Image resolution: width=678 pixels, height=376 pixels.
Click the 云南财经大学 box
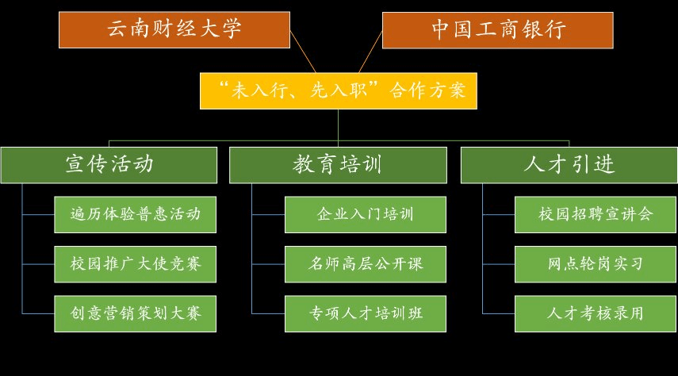click(174, 30)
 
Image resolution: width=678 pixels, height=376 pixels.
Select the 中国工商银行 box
click(498, 30)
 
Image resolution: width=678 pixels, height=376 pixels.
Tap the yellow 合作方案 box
click(339, 91)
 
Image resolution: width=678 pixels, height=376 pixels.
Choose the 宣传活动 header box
click(109, 165)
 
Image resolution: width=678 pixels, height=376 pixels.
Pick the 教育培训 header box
click(338, 165)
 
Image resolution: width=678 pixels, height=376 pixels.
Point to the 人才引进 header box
click(569, 165)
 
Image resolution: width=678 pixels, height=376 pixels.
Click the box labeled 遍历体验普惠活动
click(136, 215)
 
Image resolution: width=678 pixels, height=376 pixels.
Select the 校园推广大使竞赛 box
click(136, 264)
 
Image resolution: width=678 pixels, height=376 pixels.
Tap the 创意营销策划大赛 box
click(136, 313)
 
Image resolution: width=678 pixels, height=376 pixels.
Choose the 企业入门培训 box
click(366, 215)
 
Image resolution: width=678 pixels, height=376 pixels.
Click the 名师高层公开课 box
click(366, 264)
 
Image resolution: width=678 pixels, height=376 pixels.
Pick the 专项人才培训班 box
click(366, 313)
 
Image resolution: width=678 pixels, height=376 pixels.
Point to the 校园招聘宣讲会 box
click(596, 215)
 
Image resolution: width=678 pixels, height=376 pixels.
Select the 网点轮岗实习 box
click(596, 264)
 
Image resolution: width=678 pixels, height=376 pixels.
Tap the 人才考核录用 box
click(596, 313)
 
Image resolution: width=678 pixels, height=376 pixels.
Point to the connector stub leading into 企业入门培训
click(268, 215)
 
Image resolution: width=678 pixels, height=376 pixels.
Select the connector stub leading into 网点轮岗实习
click(499, 264)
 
